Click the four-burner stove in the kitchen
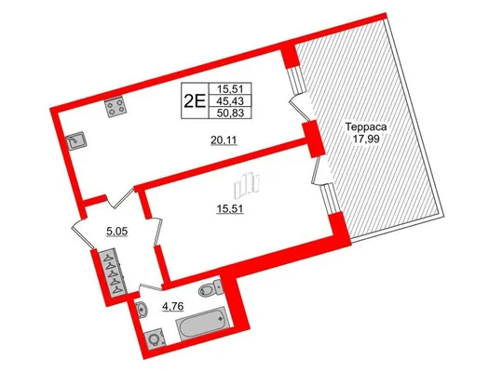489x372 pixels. [x=115, y=106]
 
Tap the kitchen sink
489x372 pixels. [x=76, y=141]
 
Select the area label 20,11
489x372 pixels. [x=224, y=141]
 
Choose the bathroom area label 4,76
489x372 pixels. [x=172, y=306]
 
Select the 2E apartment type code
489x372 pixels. [x=195, y=100]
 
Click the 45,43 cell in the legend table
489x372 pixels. [x=230, y=100]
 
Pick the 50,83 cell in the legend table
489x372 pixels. [x=230, y=113]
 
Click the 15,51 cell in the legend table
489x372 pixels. [x=230, y=89]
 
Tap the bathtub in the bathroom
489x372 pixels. [x=204, y=324]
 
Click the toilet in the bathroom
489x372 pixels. [x=211, y=287]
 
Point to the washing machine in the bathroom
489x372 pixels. [x=155, y=339]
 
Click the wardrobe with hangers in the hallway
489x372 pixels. [x=113, y=272]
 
